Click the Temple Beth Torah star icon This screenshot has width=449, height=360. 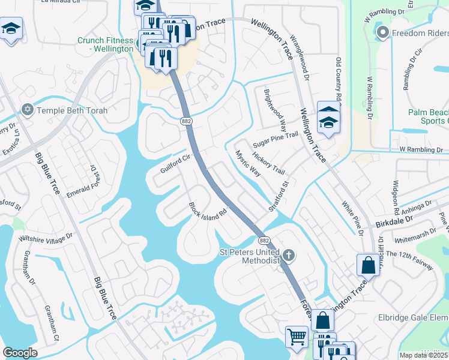coord(26,110)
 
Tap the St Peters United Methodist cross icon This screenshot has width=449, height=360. coord(288,256)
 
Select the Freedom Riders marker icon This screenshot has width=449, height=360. coord(382,32)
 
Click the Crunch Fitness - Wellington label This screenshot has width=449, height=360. coord(106,44)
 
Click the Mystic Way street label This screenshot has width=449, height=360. coord(247,163)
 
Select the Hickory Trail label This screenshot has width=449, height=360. coord(268,163)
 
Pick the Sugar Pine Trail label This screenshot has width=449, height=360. coord(275,141)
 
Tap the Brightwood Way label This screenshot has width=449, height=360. coord(275,110)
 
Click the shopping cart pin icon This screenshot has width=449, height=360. coord(297,337)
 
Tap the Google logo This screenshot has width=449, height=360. coord(20,353)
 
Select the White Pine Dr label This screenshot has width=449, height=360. coord(354,217)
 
